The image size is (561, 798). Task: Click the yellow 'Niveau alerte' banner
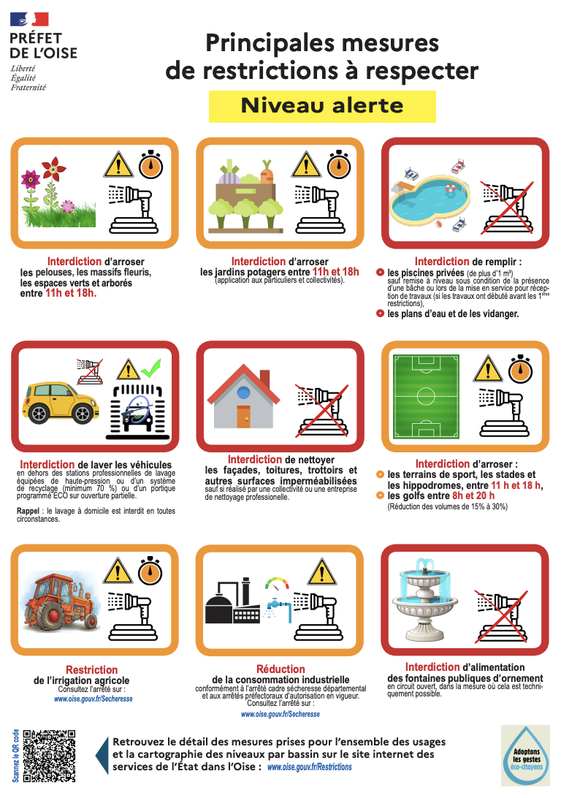point(322,107)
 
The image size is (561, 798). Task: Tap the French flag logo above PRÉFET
point(29,19)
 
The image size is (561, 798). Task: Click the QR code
point(50,756)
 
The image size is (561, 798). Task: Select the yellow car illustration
point(59,403)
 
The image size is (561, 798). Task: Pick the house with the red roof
point(244,396)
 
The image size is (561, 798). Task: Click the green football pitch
point(426,397)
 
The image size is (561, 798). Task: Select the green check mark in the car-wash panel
point(151,368)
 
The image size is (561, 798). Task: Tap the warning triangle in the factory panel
point(321,571)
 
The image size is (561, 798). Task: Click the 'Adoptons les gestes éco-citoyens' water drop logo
point(526,756)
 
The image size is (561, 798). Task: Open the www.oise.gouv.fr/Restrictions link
point(309,767)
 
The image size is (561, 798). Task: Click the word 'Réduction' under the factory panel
point(280,669)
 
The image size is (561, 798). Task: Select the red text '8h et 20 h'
point(473,495)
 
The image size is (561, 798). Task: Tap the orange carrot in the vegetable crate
point(267,172)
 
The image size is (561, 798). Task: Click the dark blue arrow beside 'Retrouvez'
point(102,756)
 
